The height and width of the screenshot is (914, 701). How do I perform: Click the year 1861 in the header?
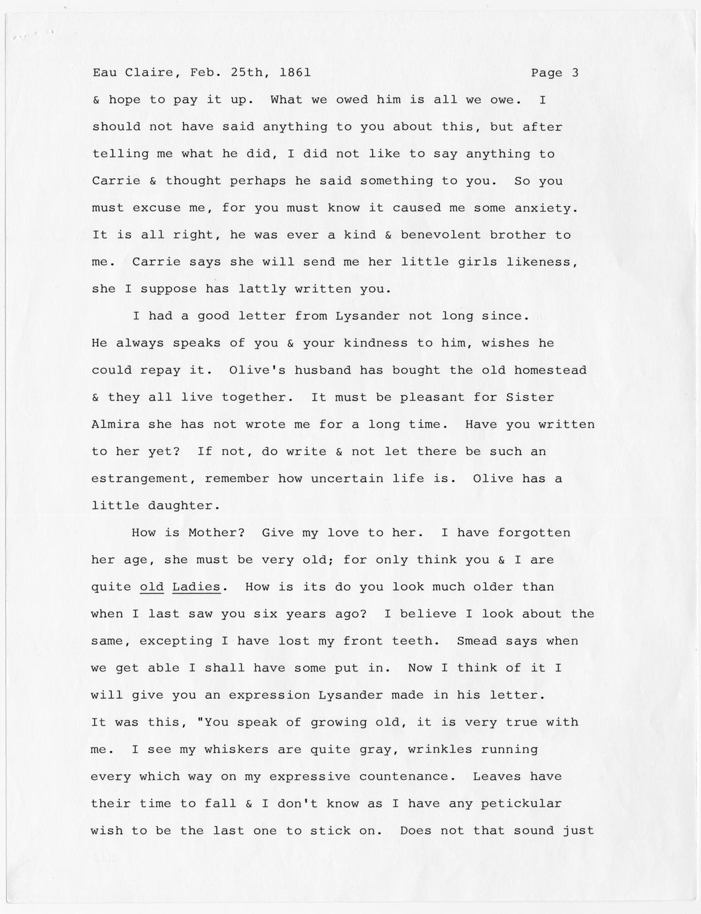pyautogui.click(x=296, y=73)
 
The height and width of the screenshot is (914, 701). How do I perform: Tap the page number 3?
pyautogui.click(x=574, y=73)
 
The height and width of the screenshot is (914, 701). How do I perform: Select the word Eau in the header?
pyautogui.click(x=104, y=73)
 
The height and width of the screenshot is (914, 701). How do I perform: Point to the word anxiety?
pyautogui.click(x=547, y=208)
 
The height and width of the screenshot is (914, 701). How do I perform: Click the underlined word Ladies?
pyautogui.click(x=196, y=587)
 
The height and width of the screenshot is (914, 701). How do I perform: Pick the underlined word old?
pyautogui.click(x=152, y=587)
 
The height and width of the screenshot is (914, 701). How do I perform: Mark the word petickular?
pyautogui.click(x=521, y=804)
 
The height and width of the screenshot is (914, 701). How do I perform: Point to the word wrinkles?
pyautogui.click(x=440, y=750)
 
